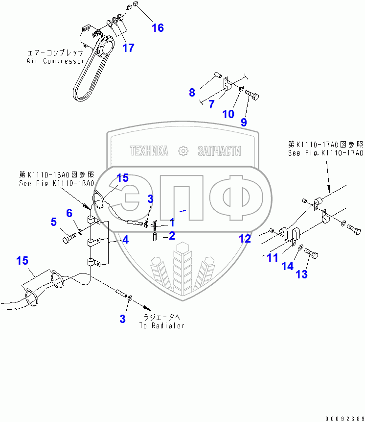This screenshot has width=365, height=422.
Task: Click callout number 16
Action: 158,27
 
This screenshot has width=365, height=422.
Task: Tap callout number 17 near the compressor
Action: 128,48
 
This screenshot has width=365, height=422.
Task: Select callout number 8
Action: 192,92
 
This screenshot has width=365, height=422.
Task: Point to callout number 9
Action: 243,122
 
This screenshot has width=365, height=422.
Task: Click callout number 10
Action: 228,114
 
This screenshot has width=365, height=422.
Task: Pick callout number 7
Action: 211,104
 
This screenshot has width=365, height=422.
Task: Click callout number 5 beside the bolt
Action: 53,222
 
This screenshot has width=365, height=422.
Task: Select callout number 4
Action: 125,240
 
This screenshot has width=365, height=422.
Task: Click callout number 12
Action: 245,239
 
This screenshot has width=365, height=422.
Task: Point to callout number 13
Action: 302,274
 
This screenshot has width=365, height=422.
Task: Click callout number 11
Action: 273,257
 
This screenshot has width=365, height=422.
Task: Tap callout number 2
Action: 172,236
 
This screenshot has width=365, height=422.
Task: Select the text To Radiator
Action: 161,325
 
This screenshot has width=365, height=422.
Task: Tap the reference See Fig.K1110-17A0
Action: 325,153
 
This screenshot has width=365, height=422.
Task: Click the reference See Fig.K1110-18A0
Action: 56,183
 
